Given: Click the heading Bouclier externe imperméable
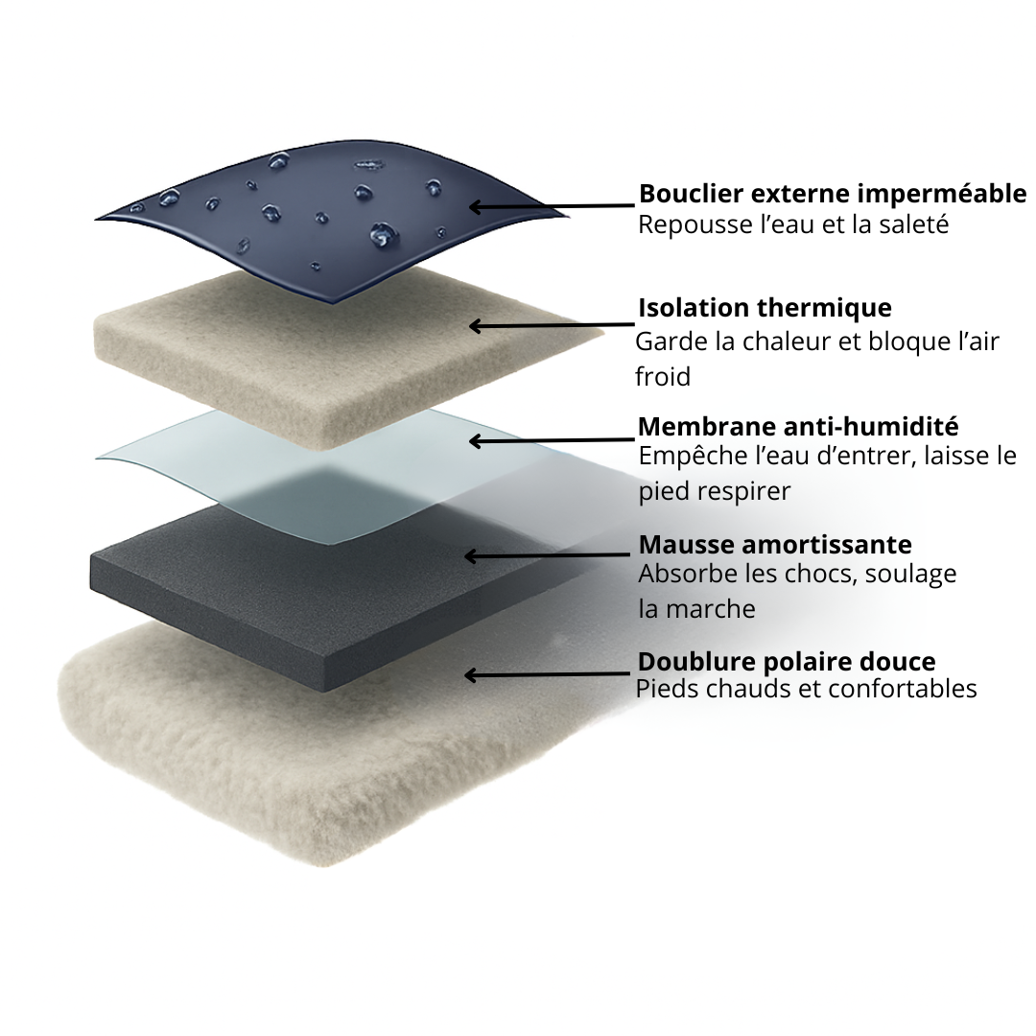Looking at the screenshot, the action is [x=833, y=194].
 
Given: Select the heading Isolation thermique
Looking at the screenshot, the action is [x=765, y=308].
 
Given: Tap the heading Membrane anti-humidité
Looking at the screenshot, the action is [x=798, y=427].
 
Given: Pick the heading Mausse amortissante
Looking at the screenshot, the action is [x=775, y=545].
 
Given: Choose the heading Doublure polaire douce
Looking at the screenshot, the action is [x=787, y=661].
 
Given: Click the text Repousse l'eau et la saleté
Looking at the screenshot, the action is [x=793, y=224].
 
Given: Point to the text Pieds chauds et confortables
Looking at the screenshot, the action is [x=806, y=689].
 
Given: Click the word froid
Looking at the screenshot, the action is [x=663, y=377].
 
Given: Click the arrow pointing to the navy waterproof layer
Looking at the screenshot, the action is [x=552, y=207].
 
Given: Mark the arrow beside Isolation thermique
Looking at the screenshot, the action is [x=552, y=325].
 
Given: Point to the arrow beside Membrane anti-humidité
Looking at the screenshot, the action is [x=552, y=440].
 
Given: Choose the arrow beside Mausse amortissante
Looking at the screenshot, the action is [x=548, y=555].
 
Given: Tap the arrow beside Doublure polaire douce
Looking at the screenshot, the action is [x=548, y=674].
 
